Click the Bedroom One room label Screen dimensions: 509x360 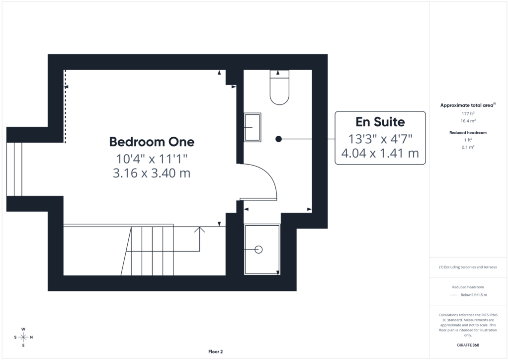(152, 142)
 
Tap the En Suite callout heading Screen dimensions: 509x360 (380, 122)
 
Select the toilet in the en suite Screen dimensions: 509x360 (279, 88)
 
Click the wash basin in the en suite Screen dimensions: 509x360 (253, 127)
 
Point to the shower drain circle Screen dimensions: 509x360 (258, 250)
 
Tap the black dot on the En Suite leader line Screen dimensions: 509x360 (278, 139)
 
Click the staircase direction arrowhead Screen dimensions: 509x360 (199, 230)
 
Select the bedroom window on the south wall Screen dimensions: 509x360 (14, 169)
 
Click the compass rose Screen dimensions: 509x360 (23, 337)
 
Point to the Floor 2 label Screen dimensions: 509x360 (216, 352)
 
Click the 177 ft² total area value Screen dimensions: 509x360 (468, 113)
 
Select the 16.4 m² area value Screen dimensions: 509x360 (468, 121)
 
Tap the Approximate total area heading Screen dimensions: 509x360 (468, 105)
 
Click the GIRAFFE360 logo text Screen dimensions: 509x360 (468, 345)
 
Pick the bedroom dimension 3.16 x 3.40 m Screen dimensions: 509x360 (152, 173)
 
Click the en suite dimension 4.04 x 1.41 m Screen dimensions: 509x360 (380, 153)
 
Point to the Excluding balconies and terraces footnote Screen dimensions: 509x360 (468, 267)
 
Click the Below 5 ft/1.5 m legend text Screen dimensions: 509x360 (474, 295)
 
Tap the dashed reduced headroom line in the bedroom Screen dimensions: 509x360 (65, 106)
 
